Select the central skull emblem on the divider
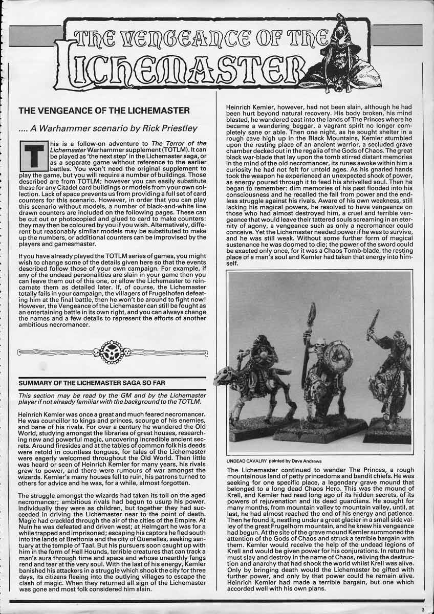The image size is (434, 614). tap(112, 353)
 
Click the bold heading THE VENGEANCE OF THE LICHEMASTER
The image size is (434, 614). tap(104, 110)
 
